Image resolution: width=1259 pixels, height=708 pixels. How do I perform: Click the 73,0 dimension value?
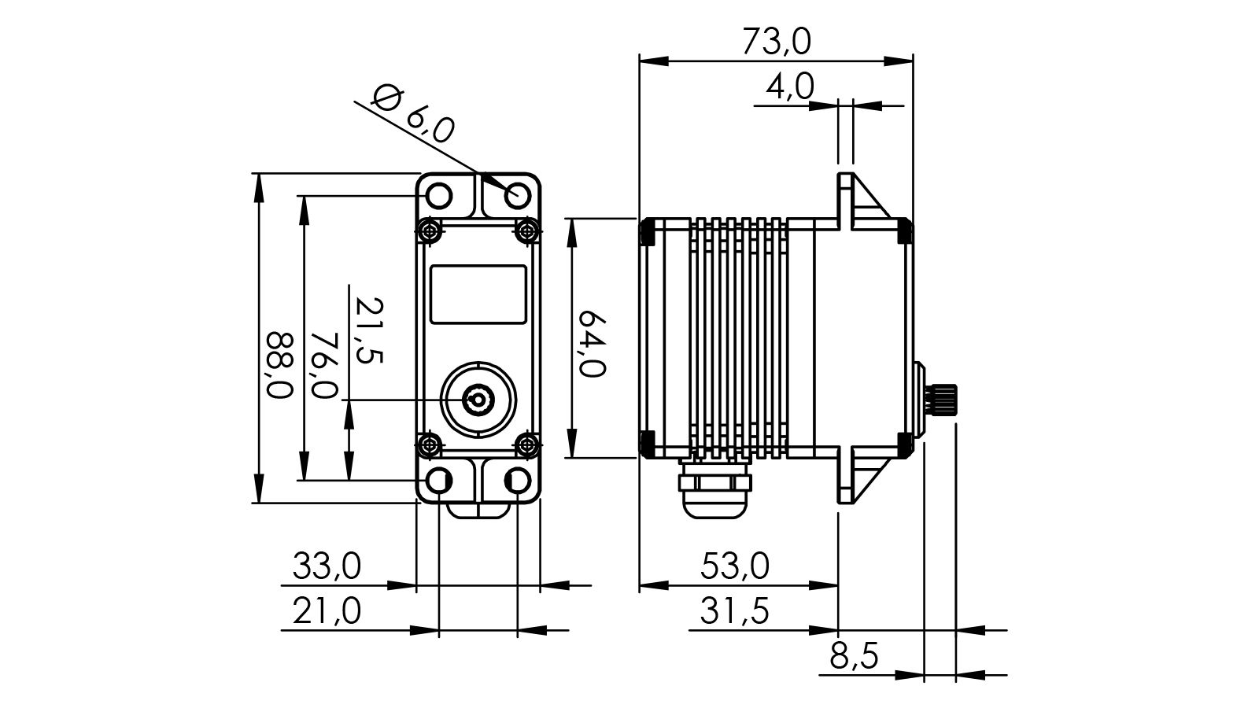tap(776, 42)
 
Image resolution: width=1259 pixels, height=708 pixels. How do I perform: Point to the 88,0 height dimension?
tap(279, 365)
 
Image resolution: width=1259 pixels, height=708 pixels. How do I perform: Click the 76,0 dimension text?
tap(323, 364)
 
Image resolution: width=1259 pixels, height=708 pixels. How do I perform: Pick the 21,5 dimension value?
tap(367, 330)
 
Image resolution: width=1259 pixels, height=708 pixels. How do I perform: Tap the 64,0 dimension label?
tap(592, 344)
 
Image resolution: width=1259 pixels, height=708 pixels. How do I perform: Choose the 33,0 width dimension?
tap(327, 566)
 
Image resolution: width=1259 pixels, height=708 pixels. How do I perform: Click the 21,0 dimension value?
tap(327, 610)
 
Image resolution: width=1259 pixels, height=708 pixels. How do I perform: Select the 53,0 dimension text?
tap(735, 566)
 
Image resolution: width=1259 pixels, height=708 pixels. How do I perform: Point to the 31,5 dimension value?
tap(735, 610)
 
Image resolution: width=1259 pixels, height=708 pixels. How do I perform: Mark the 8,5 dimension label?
tap(853, 655)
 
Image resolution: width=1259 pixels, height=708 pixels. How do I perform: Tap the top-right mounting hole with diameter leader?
tap(518, 194)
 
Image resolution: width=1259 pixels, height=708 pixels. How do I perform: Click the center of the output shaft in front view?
tap(478, 400)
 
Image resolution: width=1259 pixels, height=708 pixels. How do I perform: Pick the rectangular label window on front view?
tap(478, 294)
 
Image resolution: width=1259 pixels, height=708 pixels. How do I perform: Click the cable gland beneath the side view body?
tap(714, 491)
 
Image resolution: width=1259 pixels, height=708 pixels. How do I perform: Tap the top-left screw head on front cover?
tap(429, 230)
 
